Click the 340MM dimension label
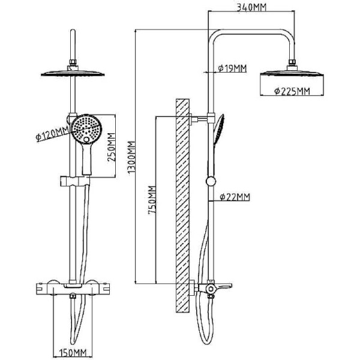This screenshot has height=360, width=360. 251,7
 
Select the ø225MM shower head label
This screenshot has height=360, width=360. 291,91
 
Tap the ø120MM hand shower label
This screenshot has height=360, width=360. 50,134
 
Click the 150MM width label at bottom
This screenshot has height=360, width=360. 74,352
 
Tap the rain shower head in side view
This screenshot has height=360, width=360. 291,76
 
